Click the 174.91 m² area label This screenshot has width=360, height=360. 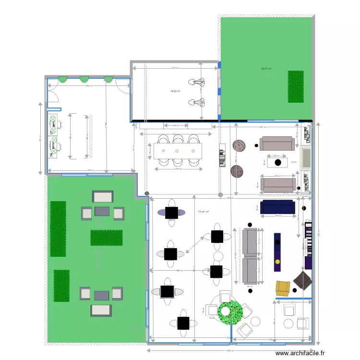click(x=205, y=212)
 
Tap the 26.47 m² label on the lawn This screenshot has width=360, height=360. click(x=266, y=69)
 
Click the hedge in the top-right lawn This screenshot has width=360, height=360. click(x=296, y=86)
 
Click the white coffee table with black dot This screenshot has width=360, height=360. click(x=277, y=162)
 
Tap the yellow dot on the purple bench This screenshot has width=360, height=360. click(x=277, y=262)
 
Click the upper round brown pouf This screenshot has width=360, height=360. click(x=238, y=145)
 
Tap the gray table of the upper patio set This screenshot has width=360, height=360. click(x=103, y=211)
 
